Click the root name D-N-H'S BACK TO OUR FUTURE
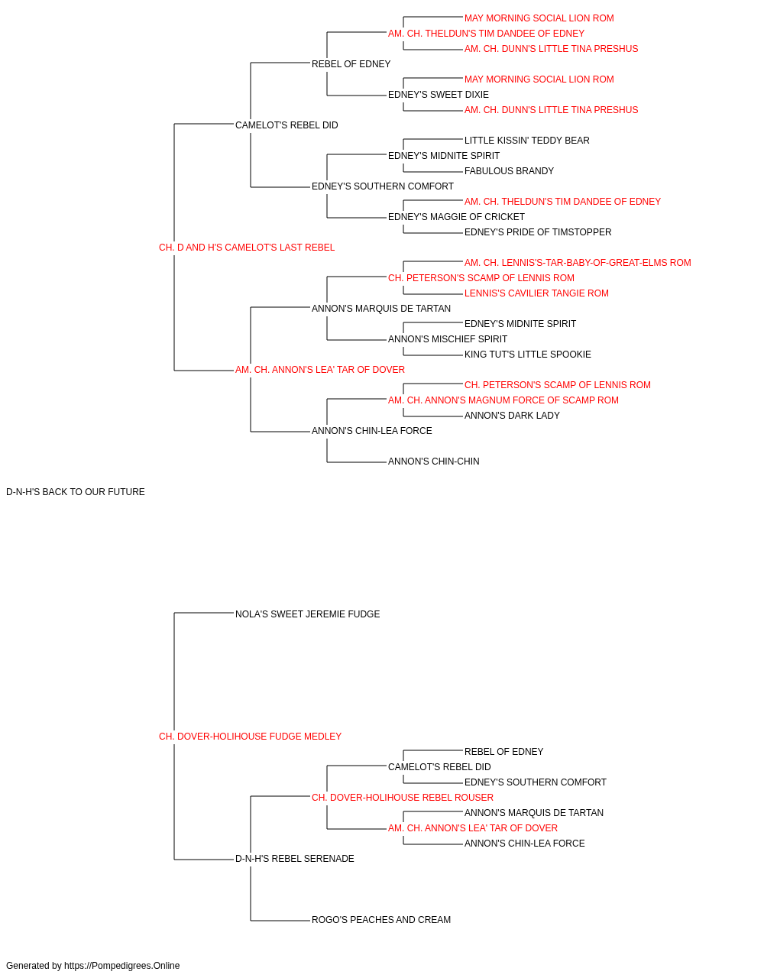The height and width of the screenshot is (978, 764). coord(75,492)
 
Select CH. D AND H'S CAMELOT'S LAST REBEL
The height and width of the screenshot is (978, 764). coord(247,248)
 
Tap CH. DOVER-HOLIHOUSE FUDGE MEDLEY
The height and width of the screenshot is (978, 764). coord(250,737)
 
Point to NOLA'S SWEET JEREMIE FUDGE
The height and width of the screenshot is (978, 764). coord(307,614)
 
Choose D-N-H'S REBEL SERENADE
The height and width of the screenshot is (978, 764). coord(295,859)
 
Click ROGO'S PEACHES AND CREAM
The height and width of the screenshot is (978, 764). coord(381,920)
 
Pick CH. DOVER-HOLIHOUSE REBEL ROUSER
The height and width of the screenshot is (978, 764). coord(403,798)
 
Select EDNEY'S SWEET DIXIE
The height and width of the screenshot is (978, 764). coord(439,95)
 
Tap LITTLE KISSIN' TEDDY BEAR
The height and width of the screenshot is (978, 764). coord(527,141)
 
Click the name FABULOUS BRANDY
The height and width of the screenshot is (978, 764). coord(509,171)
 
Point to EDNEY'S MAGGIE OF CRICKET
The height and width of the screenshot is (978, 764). coord(456,217)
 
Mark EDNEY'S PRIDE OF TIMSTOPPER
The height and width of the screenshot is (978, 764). coord(538,232)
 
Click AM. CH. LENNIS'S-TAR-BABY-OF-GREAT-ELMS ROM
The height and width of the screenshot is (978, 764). coord(578,263)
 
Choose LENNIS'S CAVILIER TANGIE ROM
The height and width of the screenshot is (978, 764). coord(536,293)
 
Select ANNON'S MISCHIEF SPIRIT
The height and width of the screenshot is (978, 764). coord(448,339)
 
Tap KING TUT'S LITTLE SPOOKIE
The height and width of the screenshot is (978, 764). coord(528,355)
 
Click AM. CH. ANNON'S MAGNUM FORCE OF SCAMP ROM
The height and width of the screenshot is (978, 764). coord(503,400)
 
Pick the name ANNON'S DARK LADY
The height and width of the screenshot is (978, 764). coord(512,416)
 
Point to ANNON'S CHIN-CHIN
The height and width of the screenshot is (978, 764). coord(434,461)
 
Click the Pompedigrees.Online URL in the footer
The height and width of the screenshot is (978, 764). coord(122,966)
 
